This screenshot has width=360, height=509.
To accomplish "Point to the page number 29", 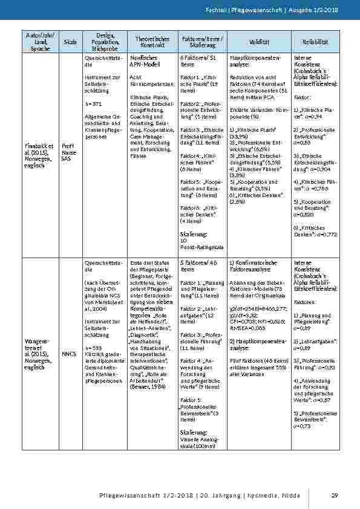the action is [335, 496].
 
